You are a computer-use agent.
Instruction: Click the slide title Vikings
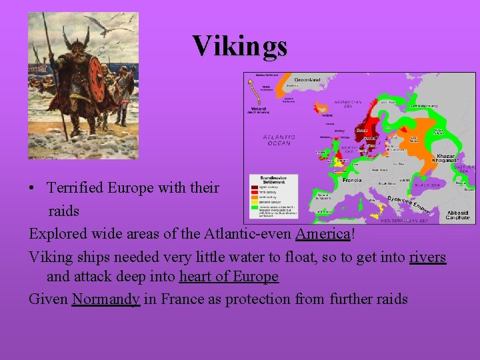[240, 46]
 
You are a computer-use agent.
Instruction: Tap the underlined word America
[323, 234]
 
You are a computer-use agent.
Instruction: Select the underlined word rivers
[427, 257]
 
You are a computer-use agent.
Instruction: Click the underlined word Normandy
[105, 299]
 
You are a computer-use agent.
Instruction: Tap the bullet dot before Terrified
[33, 188]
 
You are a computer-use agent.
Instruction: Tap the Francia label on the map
[351, 180]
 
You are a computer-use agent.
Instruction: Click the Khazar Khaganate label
[446, 158]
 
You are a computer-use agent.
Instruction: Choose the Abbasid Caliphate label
[457, 215]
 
